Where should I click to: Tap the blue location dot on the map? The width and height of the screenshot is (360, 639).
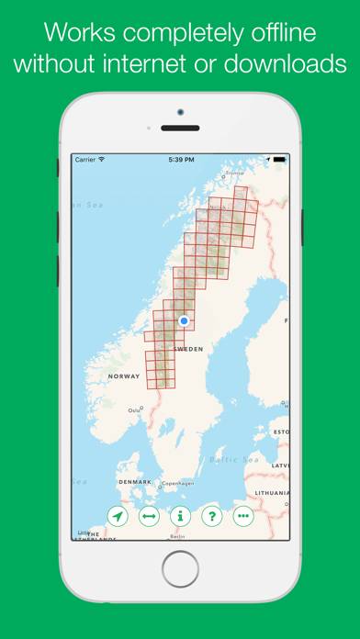coord(184,320)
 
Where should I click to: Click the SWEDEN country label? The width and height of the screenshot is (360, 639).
coord(188,350)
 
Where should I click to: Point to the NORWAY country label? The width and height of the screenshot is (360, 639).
coord(124,377)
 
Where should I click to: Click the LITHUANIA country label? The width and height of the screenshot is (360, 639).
coord(274,492)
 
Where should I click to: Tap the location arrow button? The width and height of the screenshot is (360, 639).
coord(118,517)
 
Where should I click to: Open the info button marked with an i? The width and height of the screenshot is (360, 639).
coord(180,517)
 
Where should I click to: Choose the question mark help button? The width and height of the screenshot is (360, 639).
coord(211,517)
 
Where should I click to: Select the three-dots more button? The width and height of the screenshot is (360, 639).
coord(242,517)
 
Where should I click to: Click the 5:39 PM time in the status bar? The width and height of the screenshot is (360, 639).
coord(180,159)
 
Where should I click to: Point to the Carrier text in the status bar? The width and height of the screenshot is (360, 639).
coord(85,159)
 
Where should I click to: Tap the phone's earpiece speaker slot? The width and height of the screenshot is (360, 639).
coord(180,129)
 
